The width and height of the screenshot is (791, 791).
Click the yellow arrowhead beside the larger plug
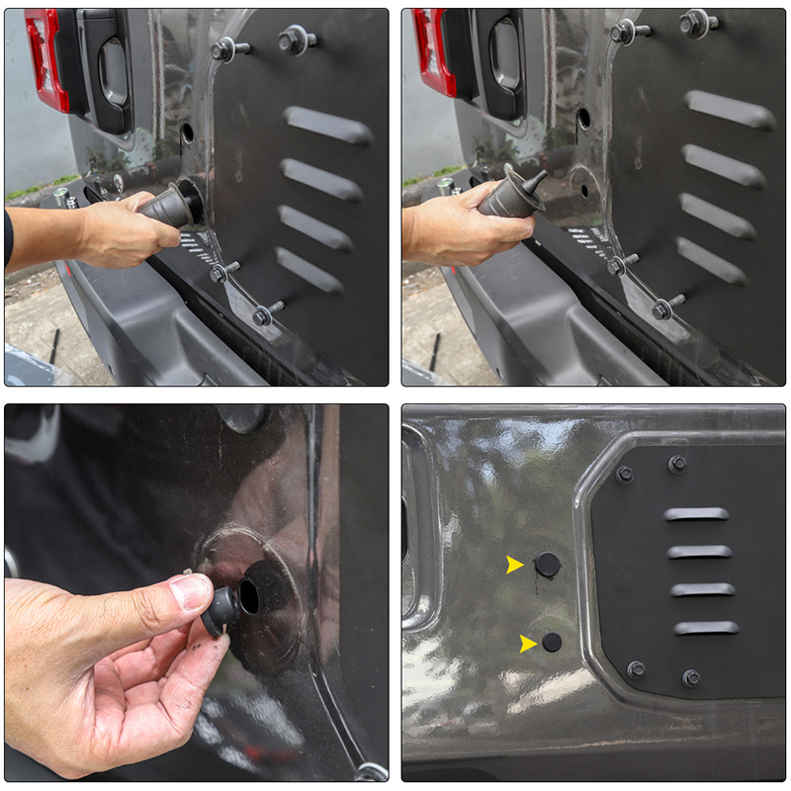click(x=514, y=565)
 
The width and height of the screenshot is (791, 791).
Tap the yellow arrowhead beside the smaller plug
click(x=528, y=644)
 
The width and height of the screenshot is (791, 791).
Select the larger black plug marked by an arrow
click(x=547, y=565)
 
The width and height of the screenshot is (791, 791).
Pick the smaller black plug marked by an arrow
click(x=552, y=642)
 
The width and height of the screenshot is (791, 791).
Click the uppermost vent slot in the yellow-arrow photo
click(x=696, y=514)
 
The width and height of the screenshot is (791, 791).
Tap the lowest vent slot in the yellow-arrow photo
click(x=706, y=627)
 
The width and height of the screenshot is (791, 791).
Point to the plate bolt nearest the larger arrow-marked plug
click(x=625, y=475)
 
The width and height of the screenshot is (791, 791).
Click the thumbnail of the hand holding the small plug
click(x=197, y=592)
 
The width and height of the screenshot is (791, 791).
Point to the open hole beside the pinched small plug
click(x=249, y=595)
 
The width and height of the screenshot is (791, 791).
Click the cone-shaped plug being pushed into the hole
click(x=168, y=205)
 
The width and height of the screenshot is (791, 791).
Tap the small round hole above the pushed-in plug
click(x=187, y=132)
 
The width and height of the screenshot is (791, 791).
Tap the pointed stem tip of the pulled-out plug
click(x=540, y=176)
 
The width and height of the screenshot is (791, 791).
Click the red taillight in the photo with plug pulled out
click(x=435, y=54)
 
